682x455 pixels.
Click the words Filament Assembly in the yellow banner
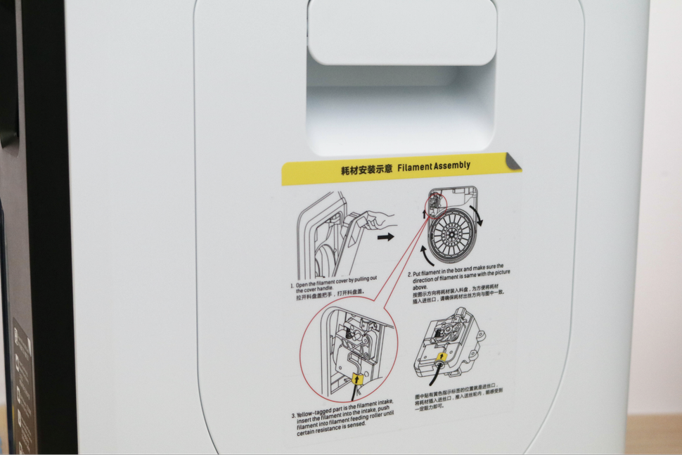(434, 167)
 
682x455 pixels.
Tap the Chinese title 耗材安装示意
(365, 170)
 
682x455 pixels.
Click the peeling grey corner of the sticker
(513, 162)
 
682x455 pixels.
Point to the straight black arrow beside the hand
(386, 237)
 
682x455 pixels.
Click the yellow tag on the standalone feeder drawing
(442, 357)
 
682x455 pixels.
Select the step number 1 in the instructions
(292, 286)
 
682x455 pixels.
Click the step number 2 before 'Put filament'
(409, 274)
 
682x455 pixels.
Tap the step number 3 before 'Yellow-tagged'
(293, 415)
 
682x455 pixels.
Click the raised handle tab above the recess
(402, 32)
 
